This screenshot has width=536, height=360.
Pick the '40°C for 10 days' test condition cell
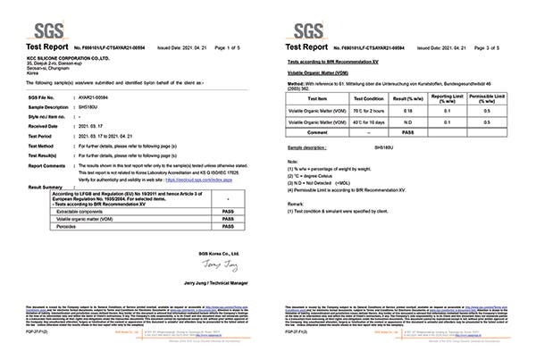point(368,121)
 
